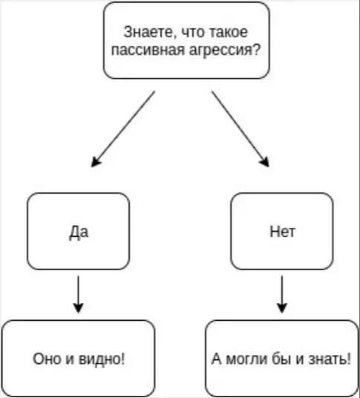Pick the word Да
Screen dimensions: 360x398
(x=79, y=232)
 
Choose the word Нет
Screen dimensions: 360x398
(x=282, y=232)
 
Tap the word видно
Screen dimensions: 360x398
(x=99, y=359)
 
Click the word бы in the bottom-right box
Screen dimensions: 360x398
(x=281, y=359)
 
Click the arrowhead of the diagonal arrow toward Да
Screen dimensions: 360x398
(x=96, y=162)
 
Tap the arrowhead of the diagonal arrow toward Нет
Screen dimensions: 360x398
(x=265, y=162)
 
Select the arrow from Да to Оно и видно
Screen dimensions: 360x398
(x=79, y=294)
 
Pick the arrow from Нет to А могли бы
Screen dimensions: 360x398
(x=282, y=294)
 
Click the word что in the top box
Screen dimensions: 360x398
(x=193, y=33)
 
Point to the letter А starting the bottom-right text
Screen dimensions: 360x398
(x=217, y=359)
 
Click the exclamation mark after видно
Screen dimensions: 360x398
(x=122, y=359)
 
